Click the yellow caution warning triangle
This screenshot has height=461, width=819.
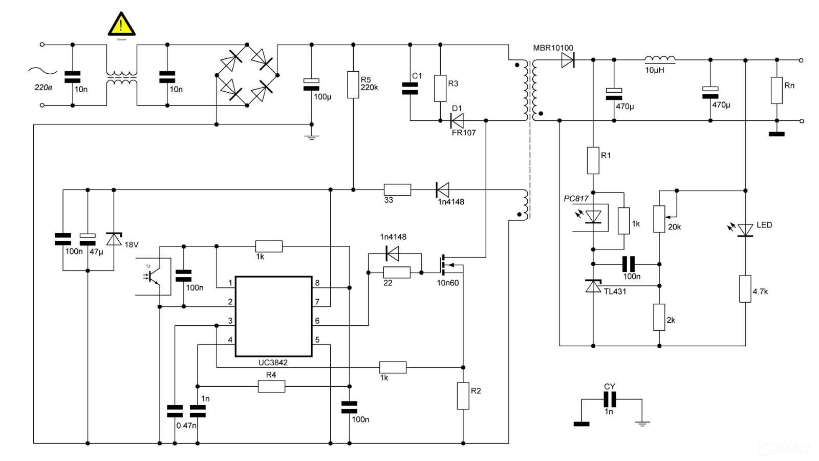coord(122,25)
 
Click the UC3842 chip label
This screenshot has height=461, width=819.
coord(272,363)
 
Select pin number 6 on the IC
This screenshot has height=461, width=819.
coord(317,321)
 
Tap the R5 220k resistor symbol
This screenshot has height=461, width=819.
coord(353,85)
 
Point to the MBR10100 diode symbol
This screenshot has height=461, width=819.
coord(568,60)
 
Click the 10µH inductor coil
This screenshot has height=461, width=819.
coord(659,59)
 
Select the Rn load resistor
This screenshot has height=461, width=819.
coord(777,90)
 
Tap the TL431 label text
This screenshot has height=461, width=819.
coord(615,291)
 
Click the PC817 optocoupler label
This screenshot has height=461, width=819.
coord(576,198)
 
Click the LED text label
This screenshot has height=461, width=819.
coord(764,225)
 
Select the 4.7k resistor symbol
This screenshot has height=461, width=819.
coord(745,288)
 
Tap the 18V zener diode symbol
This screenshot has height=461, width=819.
coord(114,239)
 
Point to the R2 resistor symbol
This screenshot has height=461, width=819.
coord(463,395)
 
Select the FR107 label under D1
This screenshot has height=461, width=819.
coord(464,133)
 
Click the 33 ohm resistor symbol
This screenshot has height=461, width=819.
coord(397,190)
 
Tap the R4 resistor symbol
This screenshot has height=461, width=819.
coord(271,386)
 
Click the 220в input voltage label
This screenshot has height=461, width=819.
coord(43,88)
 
